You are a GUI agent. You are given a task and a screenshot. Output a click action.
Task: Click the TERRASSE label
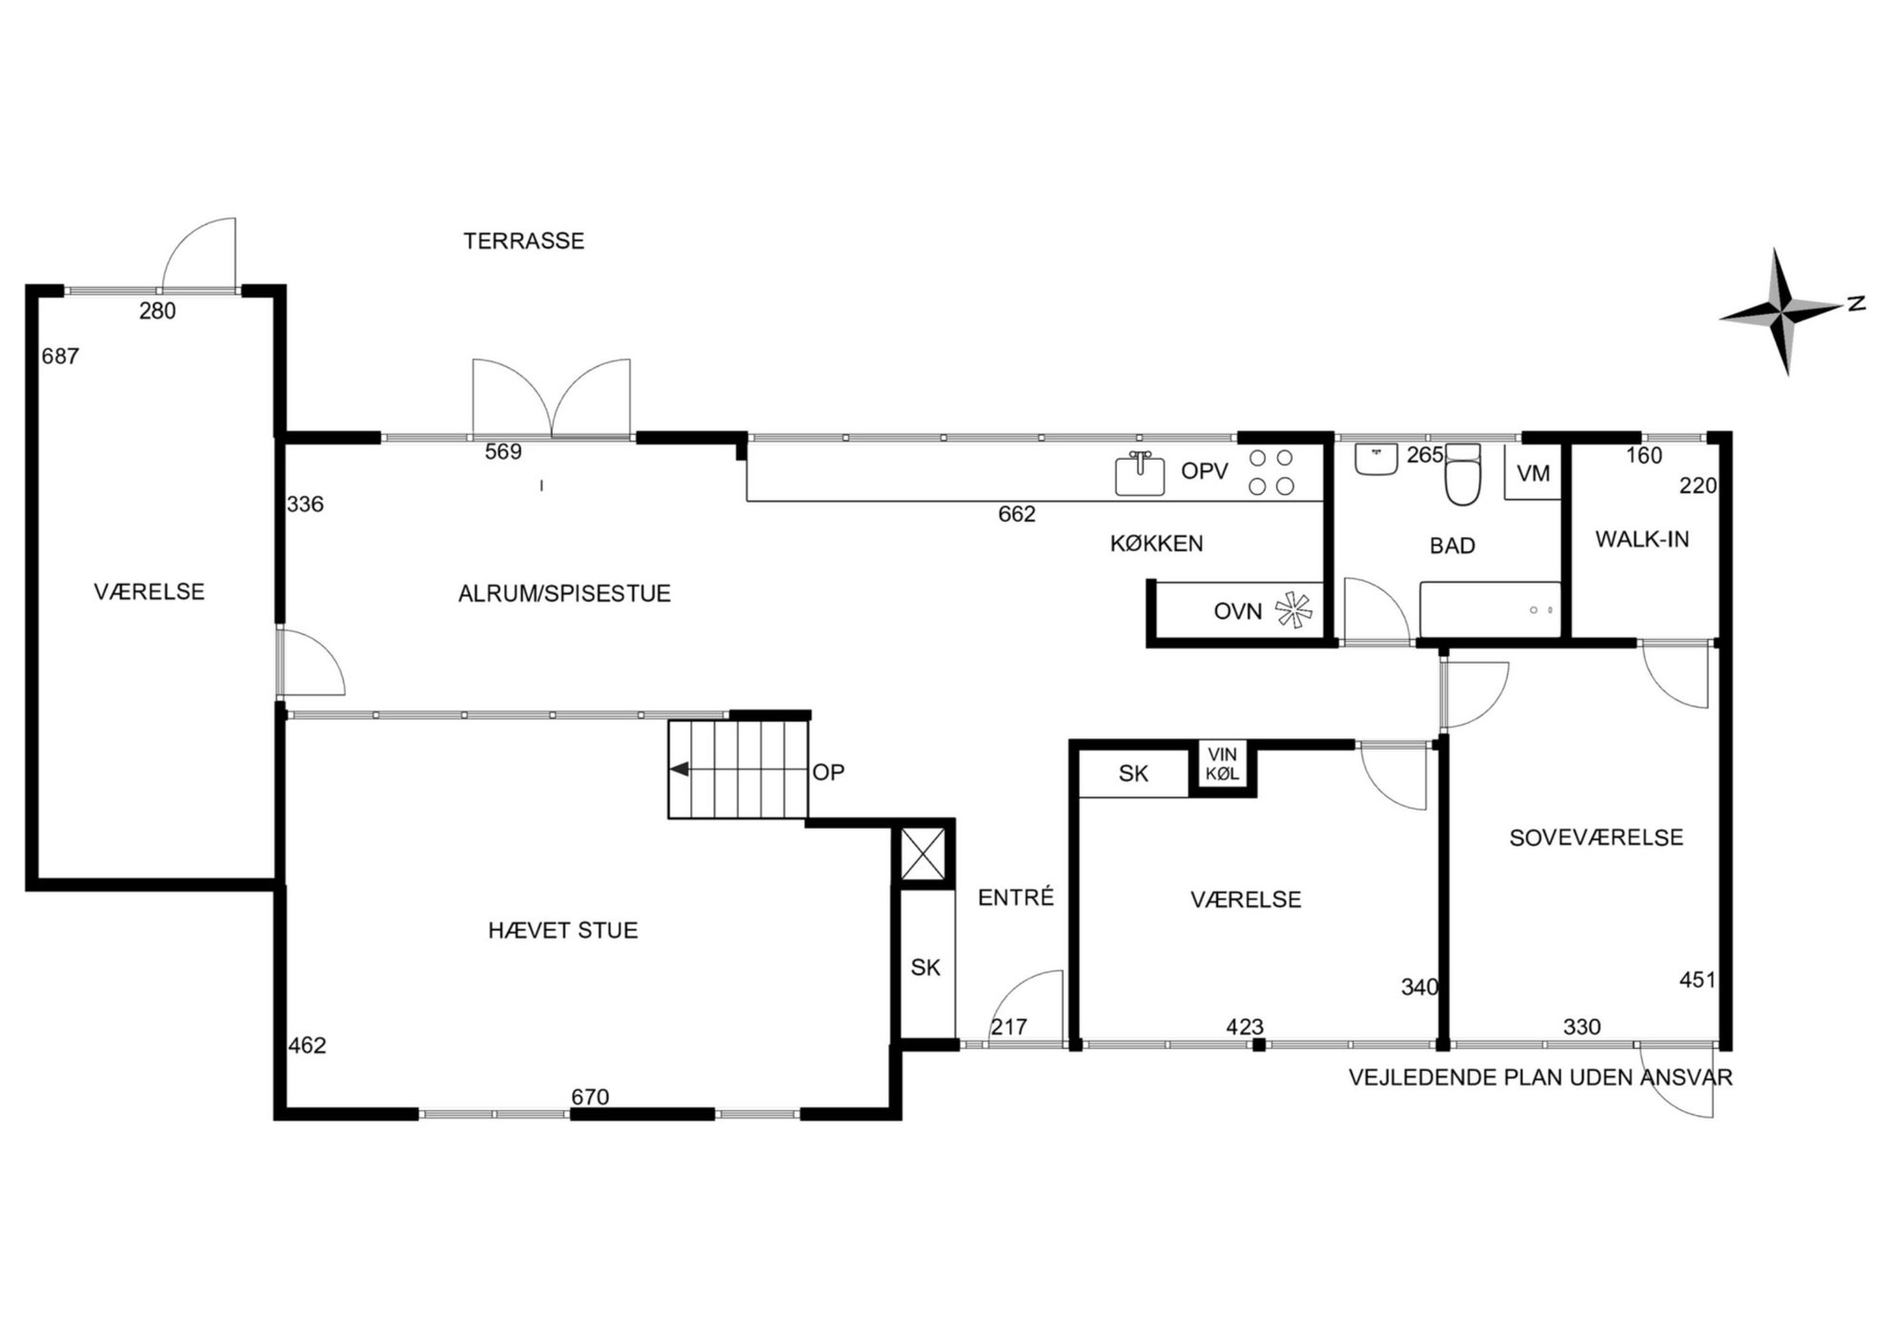pyautogui.click(x=523, y=240)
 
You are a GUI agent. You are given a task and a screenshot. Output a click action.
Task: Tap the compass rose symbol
pyautogui.click(x=1783, y=311)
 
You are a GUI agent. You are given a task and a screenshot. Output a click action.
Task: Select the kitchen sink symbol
pyautogui.click(x=1139, y=474)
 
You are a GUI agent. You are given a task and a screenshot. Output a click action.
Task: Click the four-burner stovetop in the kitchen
pyautogui.click(x=1271, y=472)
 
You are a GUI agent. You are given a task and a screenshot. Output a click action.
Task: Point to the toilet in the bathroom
pyautogui.click(x=1463, y=474)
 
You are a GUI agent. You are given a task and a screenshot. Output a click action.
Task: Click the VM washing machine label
pyautogui.click(x=1533, y=473)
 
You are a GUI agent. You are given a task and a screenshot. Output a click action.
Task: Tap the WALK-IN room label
pyautogui.click(x=1641, y=539)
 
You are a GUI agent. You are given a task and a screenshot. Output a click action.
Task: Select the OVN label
pyautogui.click(x=1237, y=611)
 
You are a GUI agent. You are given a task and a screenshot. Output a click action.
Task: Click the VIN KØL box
pyautogui.click(x=1222, y=765)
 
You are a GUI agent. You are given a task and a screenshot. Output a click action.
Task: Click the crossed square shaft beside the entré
pyautogui.click(x=924, y=854)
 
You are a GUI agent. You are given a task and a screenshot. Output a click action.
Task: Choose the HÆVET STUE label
pyautogui.click(x=562, y=930)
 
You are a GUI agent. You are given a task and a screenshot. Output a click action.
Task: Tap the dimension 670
pyautogui.click(x=590, y=1097)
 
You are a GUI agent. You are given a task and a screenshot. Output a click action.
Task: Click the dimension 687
pyautogui.click(x=60, y=356)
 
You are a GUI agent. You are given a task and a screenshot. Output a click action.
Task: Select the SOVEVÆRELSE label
pyautogui.click(x=1596, y=837)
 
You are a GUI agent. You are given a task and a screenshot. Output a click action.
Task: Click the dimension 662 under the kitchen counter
pyautogui.click(x=1016, y=514)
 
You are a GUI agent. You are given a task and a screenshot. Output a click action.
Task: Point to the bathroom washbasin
pyautogui.click(x=1375, y=459)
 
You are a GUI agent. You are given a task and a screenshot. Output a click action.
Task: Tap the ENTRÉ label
pyautogui.click(x=1016, y=896)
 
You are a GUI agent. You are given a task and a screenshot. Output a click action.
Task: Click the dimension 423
pyautogui.click(x=1245, y=1027)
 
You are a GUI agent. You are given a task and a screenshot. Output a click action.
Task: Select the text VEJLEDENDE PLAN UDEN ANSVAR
pyautogui.click(x=1540, y=1078)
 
